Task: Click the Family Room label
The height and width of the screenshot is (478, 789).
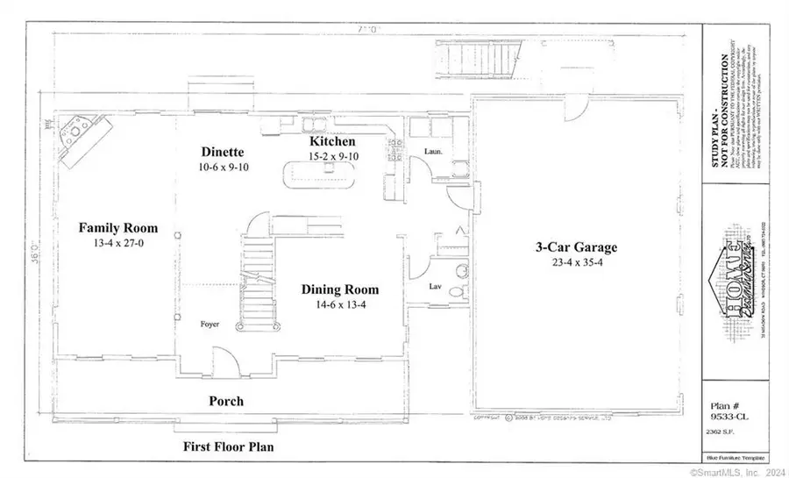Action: coord(110,227)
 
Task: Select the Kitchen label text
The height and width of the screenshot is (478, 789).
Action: coord(332,141)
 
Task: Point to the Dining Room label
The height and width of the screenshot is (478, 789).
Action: coord(340,289)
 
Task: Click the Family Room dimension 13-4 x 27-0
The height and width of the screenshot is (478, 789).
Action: coord(110,243)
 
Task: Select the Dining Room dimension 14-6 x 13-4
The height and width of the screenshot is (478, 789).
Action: coord(340,305)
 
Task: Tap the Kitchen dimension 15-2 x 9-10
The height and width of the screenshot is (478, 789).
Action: coord(332,156)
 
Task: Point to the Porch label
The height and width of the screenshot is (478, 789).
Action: coord(226,402)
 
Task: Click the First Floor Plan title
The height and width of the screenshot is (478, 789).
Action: coord(228,446)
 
